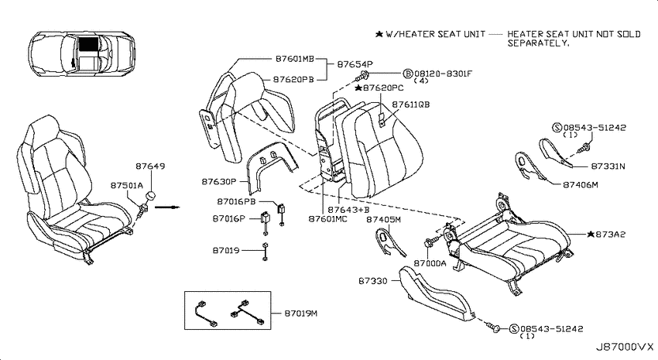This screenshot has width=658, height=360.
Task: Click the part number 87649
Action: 150,166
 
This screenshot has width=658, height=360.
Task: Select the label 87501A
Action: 127,186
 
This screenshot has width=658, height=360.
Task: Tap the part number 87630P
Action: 218,182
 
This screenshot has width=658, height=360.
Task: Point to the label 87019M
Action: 301,314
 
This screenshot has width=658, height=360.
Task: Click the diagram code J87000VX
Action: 625,347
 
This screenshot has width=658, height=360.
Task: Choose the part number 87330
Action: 372,281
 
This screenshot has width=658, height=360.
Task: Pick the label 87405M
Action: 383,219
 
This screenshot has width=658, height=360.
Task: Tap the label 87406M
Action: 581,184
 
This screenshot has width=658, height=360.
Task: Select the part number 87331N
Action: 608,166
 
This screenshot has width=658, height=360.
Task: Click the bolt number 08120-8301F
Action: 443,74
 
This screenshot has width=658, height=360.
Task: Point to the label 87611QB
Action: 411,105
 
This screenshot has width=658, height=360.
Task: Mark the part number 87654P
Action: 355,64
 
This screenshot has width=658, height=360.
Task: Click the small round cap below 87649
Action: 150,197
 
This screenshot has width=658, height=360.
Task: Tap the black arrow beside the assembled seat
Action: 167,207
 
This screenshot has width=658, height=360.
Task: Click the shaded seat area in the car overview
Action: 89,43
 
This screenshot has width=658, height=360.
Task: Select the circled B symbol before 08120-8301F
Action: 408,74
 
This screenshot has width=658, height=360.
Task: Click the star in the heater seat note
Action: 379,34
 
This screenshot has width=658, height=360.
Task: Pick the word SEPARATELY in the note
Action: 538,43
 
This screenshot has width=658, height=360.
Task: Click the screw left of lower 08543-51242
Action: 493,327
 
